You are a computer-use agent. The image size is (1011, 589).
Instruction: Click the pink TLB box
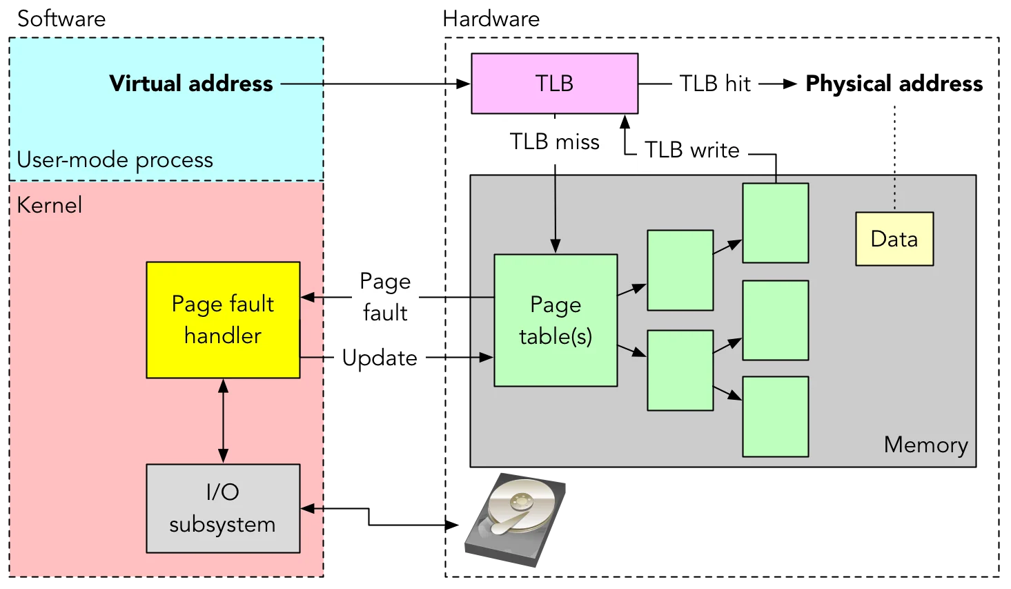click(x=555, y=84)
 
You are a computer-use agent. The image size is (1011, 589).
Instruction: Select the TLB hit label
click(x=715, y=84)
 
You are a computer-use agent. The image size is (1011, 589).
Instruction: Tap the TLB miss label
click(x=555, y=142)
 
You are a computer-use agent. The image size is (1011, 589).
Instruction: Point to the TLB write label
click(x=692, y=149)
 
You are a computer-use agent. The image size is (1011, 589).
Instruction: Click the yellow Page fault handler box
click(x=223, y=320)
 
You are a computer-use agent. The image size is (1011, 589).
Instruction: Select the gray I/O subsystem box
click(x=223, y=508)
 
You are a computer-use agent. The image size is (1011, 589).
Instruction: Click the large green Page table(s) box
click(x=556, y=320)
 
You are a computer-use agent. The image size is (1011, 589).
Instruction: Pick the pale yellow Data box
click(x=894, y=239)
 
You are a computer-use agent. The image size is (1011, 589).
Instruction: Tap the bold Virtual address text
click(x=191, y=84)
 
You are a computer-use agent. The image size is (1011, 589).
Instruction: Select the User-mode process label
click(x=115, y=160)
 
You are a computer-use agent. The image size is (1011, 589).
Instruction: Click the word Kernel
click(x=49, y=205)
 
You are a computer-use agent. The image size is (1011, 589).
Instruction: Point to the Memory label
click(x=925, y=445)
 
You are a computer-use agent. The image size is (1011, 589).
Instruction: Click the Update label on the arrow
click(x=380, y=358)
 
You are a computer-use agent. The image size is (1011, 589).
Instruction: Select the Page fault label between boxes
click(x=384, y=297)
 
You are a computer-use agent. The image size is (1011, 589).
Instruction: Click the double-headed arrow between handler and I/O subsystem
click(x=223, y=421)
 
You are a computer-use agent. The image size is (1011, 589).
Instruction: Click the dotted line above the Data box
click(x=894, y=192)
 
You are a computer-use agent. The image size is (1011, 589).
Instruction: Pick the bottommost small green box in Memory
click(x=775, y=416)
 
